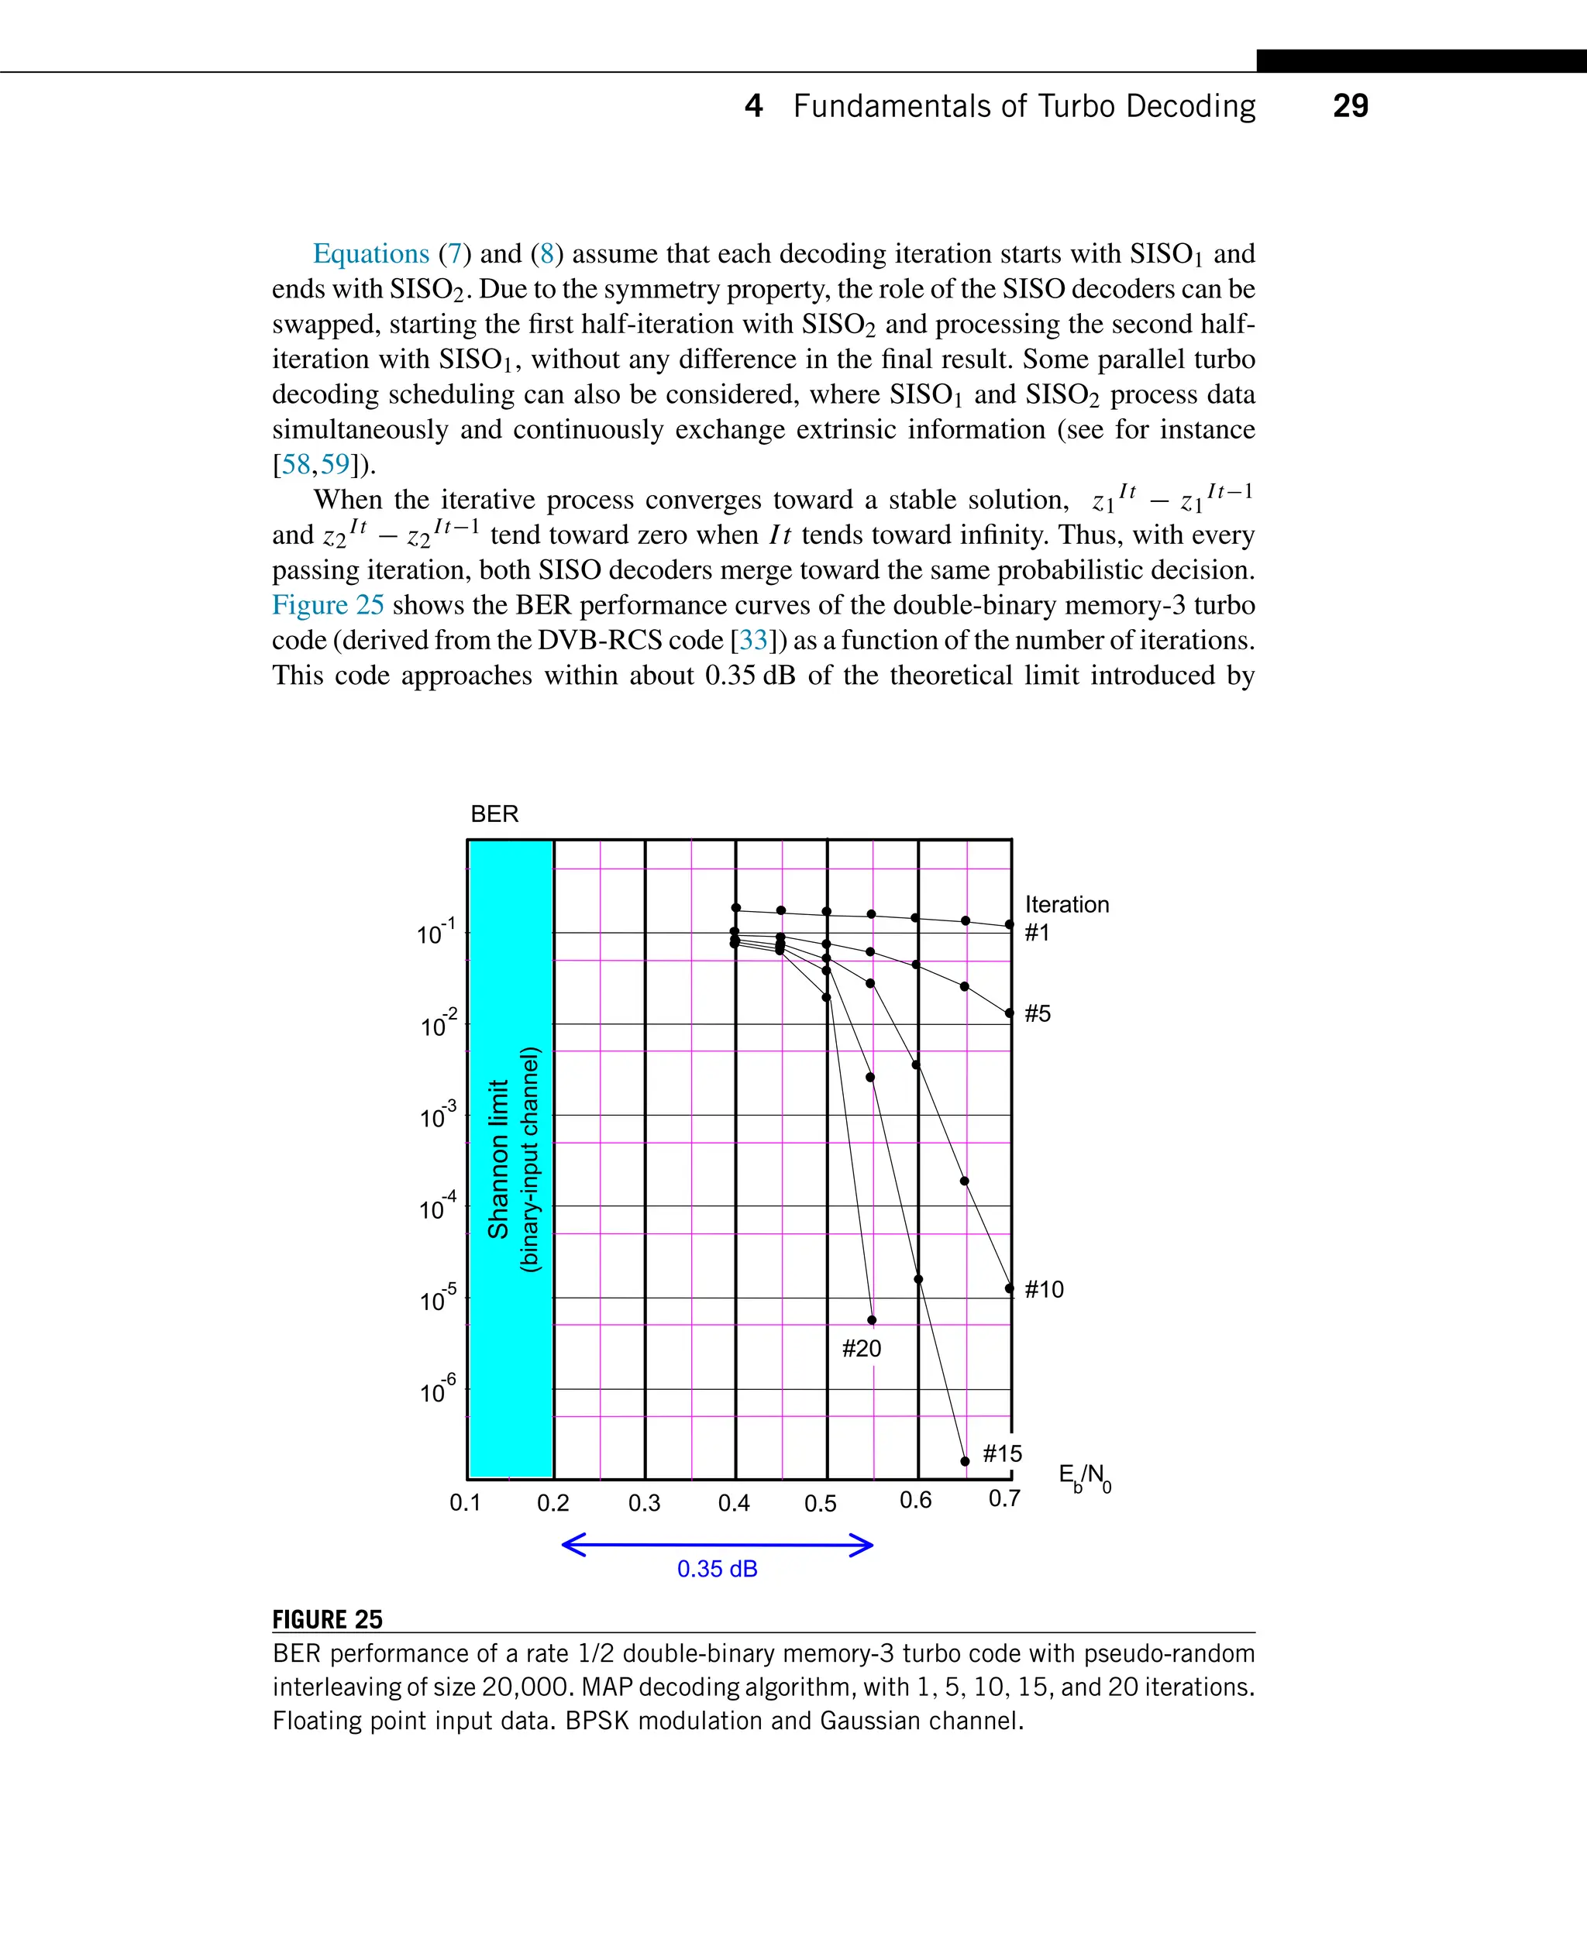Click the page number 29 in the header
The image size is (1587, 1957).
(x=1349, y=106)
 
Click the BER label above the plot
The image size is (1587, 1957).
(x=494, y=813)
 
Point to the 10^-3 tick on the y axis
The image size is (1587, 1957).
(x=437, y=1116)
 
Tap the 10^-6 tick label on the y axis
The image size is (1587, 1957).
(x=437, y=1391)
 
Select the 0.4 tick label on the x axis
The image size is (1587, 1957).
(x=733, y=1504)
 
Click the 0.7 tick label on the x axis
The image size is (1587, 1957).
(x=1003, y=1499)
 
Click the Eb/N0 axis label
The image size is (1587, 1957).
(x=1084, y=1477)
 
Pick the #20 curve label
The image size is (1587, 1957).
(x=861, y=1348)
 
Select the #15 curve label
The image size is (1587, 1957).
(x=1002, y=1453)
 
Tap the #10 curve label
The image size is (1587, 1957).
(x=1044, y=1290)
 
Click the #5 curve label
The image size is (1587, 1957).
(x=1038, y=1013)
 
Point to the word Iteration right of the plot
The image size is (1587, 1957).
(x=1066, y=904)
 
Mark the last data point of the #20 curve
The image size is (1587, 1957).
(x=871, y=1320)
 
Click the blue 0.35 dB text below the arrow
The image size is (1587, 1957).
(x=717, y=1569)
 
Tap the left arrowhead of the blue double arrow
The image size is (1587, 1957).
(x=570, y=1546)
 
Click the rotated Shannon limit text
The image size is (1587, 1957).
(x=498, y=1159)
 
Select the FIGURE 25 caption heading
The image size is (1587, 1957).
(x=327, y=1618)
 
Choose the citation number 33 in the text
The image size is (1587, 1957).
(x=753, y=640)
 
